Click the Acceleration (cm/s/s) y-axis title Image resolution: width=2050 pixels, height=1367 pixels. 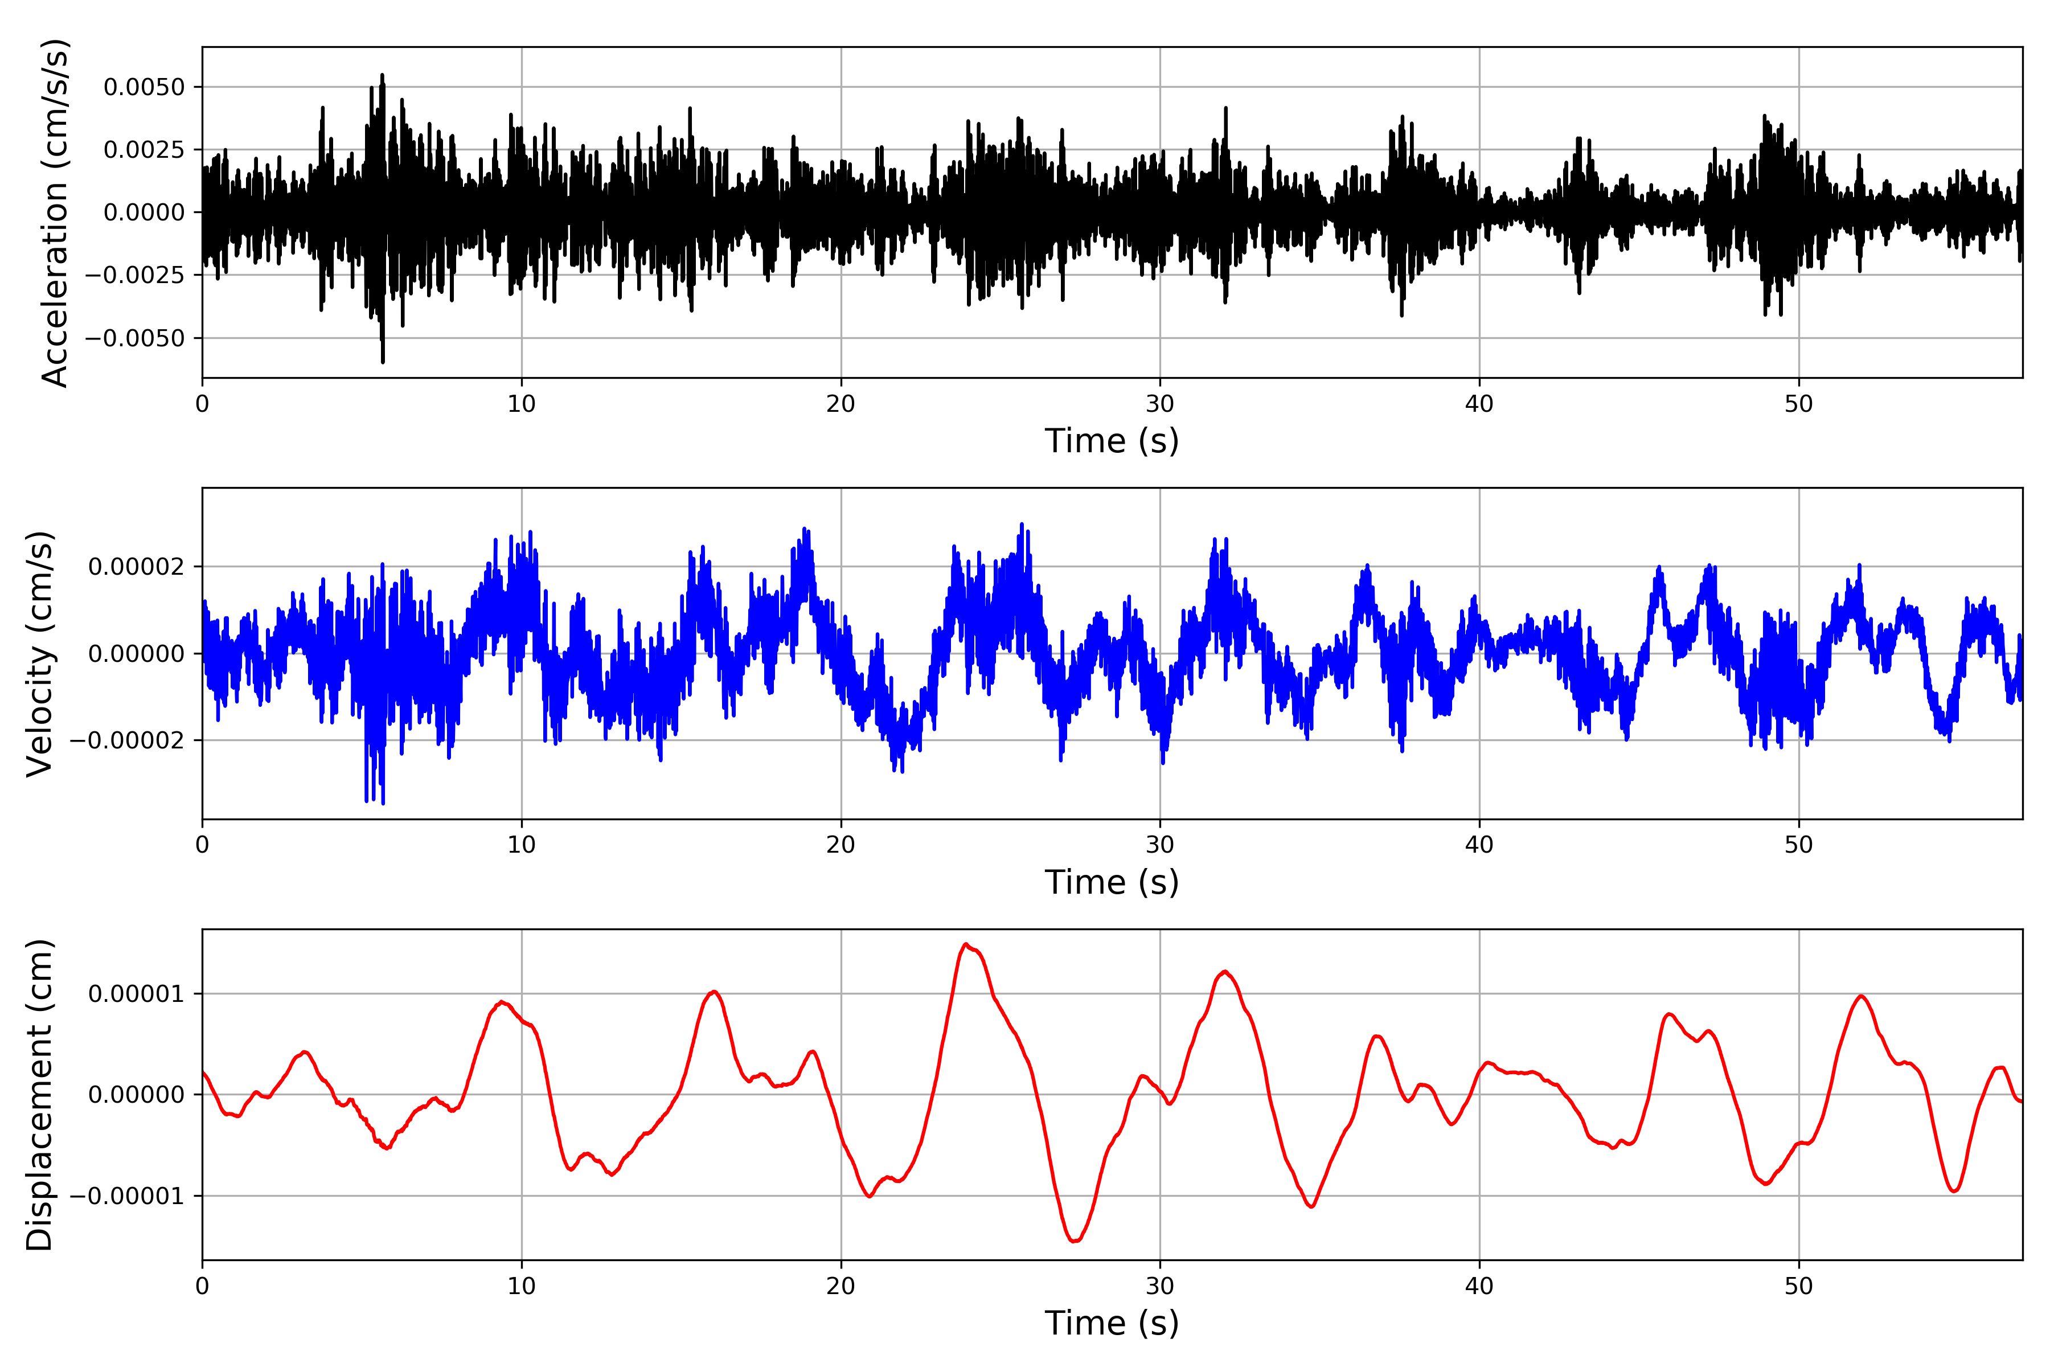pos(54,212)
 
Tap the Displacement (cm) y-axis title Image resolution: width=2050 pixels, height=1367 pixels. pos(40,1095)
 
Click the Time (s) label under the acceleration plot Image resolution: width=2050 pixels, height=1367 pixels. pos(1112,441)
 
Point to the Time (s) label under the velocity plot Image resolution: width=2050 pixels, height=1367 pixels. pos(1112,882)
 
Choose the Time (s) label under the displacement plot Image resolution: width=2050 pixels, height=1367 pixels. pos(1112,1323)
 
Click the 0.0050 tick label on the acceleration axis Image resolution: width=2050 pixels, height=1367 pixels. pos(144,87)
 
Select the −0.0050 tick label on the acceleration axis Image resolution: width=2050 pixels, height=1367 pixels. pos(135,338)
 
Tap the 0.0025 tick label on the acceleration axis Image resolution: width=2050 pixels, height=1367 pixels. pos(144,150)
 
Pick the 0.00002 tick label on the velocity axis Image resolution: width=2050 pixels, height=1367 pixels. pos(136,567)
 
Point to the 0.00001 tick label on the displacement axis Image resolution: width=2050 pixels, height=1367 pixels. pos(136,994)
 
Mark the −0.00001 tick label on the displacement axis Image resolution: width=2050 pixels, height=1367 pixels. pos(127,1196)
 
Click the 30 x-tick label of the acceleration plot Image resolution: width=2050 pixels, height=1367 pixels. pos(1159,404)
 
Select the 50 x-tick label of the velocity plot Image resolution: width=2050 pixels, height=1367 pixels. pos(1798,845)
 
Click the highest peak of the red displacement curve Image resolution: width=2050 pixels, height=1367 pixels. pos(966,944)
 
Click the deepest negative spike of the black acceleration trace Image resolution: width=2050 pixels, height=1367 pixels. pos(383,361)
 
